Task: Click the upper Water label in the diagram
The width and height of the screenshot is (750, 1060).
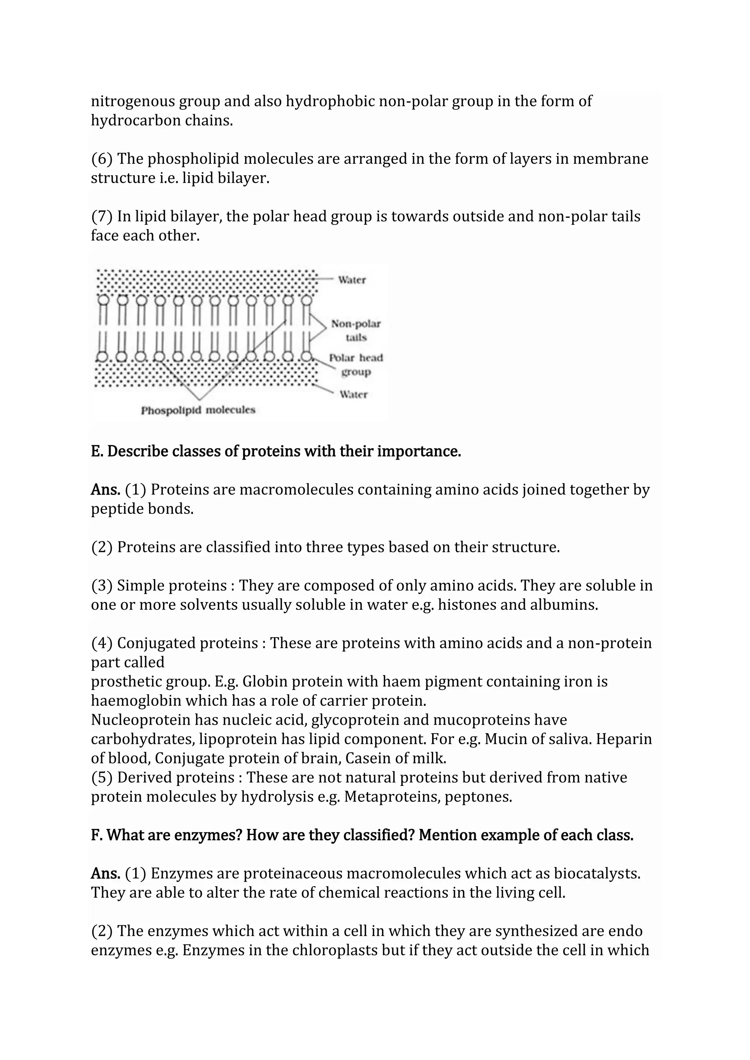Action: (352, 280)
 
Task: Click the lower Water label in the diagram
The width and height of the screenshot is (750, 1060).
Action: (353, 394)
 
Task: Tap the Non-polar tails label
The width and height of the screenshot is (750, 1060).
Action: (356, 331)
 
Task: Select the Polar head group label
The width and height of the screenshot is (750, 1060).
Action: (356, 364)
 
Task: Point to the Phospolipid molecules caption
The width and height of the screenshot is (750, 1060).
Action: (198, 410)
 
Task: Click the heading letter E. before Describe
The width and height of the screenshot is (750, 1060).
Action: (97, 451)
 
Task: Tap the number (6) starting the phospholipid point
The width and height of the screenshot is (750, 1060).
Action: (101, 159)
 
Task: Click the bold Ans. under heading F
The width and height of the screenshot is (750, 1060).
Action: (105, 873)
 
